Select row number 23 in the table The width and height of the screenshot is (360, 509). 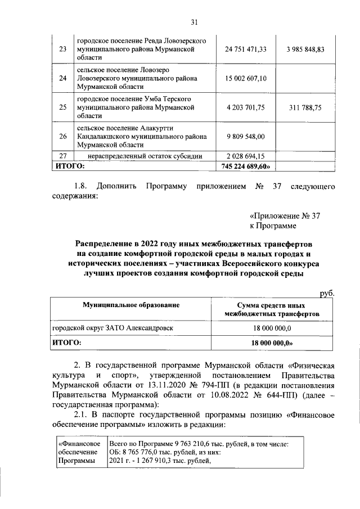click(x=62, y=49)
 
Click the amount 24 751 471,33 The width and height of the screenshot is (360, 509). click(x=245, y=49)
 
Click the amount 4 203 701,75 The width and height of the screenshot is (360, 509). click(x=245, y=107)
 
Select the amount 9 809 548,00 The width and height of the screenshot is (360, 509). click(x=245, y=136)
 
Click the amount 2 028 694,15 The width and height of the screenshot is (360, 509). click(x=245, y=156)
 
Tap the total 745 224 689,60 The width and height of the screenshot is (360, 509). click(x=245, y=166)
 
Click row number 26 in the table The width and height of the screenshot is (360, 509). click(x=62, y=136)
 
